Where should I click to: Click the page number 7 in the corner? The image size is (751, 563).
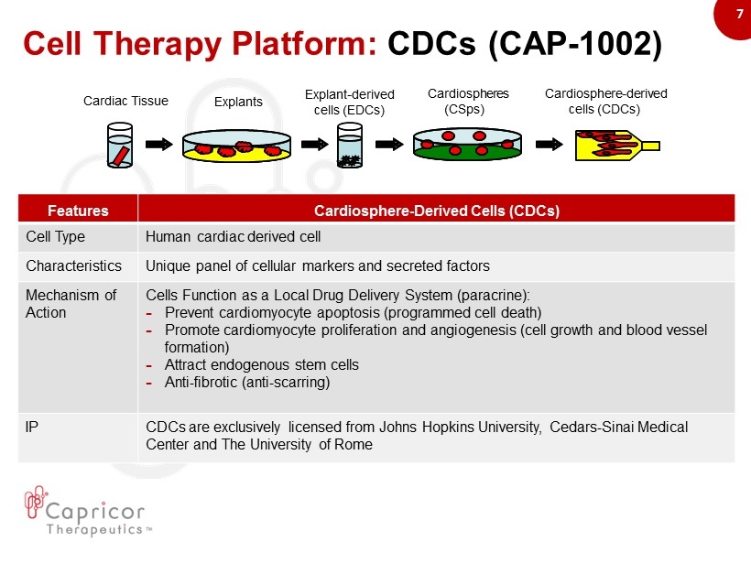click(739, 14)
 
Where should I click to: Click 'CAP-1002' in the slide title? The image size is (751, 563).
click(575, 44)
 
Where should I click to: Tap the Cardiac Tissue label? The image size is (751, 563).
click(125, 101)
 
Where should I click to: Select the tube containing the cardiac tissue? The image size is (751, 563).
click(120, 145)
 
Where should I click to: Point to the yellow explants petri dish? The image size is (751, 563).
click(236, 146)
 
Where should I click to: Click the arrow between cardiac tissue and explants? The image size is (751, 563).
click(158, 144)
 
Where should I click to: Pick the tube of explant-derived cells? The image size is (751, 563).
click(350, 145)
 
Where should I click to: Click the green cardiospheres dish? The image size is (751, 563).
click(467, 144)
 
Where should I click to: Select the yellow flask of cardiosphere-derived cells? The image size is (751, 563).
click(617, 145)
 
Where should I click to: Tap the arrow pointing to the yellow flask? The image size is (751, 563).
click(549, 144)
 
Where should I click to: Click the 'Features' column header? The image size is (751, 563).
click(78, 211)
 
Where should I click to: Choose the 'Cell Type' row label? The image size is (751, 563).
click(56, 236)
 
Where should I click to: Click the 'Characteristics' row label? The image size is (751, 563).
click(74, 265)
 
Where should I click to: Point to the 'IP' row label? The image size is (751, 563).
click(32, 427)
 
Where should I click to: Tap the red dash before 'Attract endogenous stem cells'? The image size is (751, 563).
click(149, 366)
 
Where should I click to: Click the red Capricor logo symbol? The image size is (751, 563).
click(36, 502)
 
